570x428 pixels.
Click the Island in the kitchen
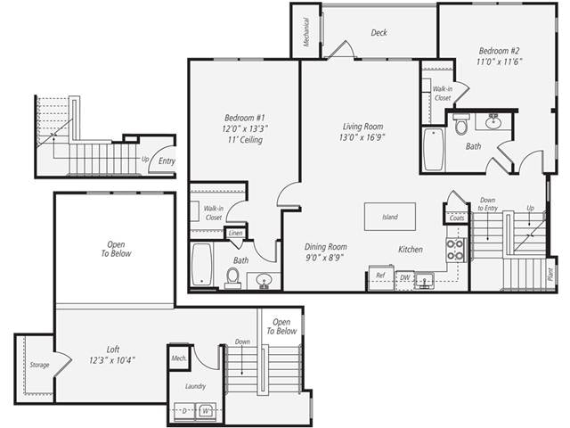[x=389, y=217]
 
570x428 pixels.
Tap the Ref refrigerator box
[x=380, y=276]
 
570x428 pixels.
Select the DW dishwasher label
[x=403, y=277]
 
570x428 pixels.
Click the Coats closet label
[x=457, y=218]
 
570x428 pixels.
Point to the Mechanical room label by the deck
[x=305, y=33]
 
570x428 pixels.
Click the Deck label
[x=379, y=33]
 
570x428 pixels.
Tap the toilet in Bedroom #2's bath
[x=460, y=127]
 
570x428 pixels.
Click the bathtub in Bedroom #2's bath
[x=433, y=151]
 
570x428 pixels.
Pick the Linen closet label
[x=235, y=234]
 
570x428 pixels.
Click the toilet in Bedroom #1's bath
[x=233, y=277]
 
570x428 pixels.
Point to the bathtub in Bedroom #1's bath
[x=202, y=265]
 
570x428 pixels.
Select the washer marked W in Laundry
[x=206, y=411]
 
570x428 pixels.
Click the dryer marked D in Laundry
[x=184, y=411]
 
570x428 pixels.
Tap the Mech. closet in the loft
[x=180, y=358]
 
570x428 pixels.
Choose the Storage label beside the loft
[x=39, y=365]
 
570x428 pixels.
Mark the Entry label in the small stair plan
[x=166, y=161]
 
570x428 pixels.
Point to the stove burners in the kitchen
[x=455, y=249]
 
